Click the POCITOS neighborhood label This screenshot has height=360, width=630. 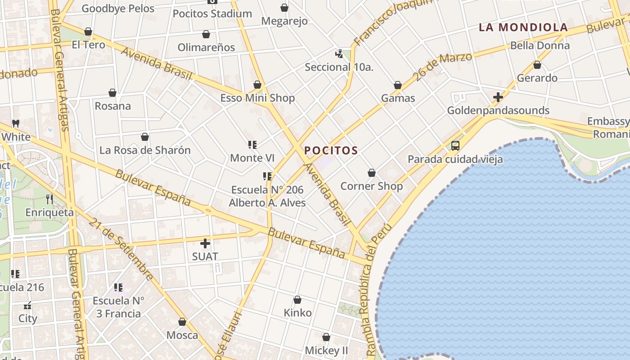coord(331,150)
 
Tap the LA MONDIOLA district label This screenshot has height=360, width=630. coord(523,27)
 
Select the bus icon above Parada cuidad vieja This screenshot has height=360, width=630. coord(455,145)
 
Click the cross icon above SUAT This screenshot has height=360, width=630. coord(205,243)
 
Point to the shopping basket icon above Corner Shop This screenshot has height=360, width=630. coord(372,173)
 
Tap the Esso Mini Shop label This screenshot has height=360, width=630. coord(257,98)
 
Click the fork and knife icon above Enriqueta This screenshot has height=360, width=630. coord(49,199)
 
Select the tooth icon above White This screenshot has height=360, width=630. coord(16,123)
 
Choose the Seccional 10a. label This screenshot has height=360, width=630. coord(339,67)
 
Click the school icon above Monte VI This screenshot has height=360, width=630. coord(252,145)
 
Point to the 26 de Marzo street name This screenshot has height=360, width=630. coord(443,67)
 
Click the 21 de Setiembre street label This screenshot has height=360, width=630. coord(121,249)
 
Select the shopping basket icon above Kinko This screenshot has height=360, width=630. coord(297,300)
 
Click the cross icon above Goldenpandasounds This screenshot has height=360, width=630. coord(498,97)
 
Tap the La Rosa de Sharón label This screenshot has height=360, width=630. coord(145,150)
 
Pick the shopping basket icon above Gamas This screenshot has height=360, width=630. coord(398,85)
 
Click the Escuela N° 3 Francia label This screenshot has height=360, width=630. coord(118,307)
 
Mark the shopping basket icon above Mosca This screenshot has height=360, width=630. coord(182,322)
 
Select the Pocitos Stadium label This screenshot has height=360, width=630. coord(212,13)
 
